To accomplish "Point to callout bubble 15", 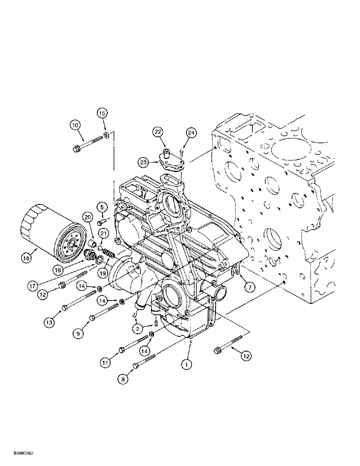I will click(x=102, y=113).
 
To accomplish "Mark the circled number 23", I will click(x=144, y=162).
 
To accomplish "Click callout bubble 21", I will click(x=104, y=233).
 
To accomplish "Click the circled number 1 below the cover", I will click(x=187, y=365).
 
